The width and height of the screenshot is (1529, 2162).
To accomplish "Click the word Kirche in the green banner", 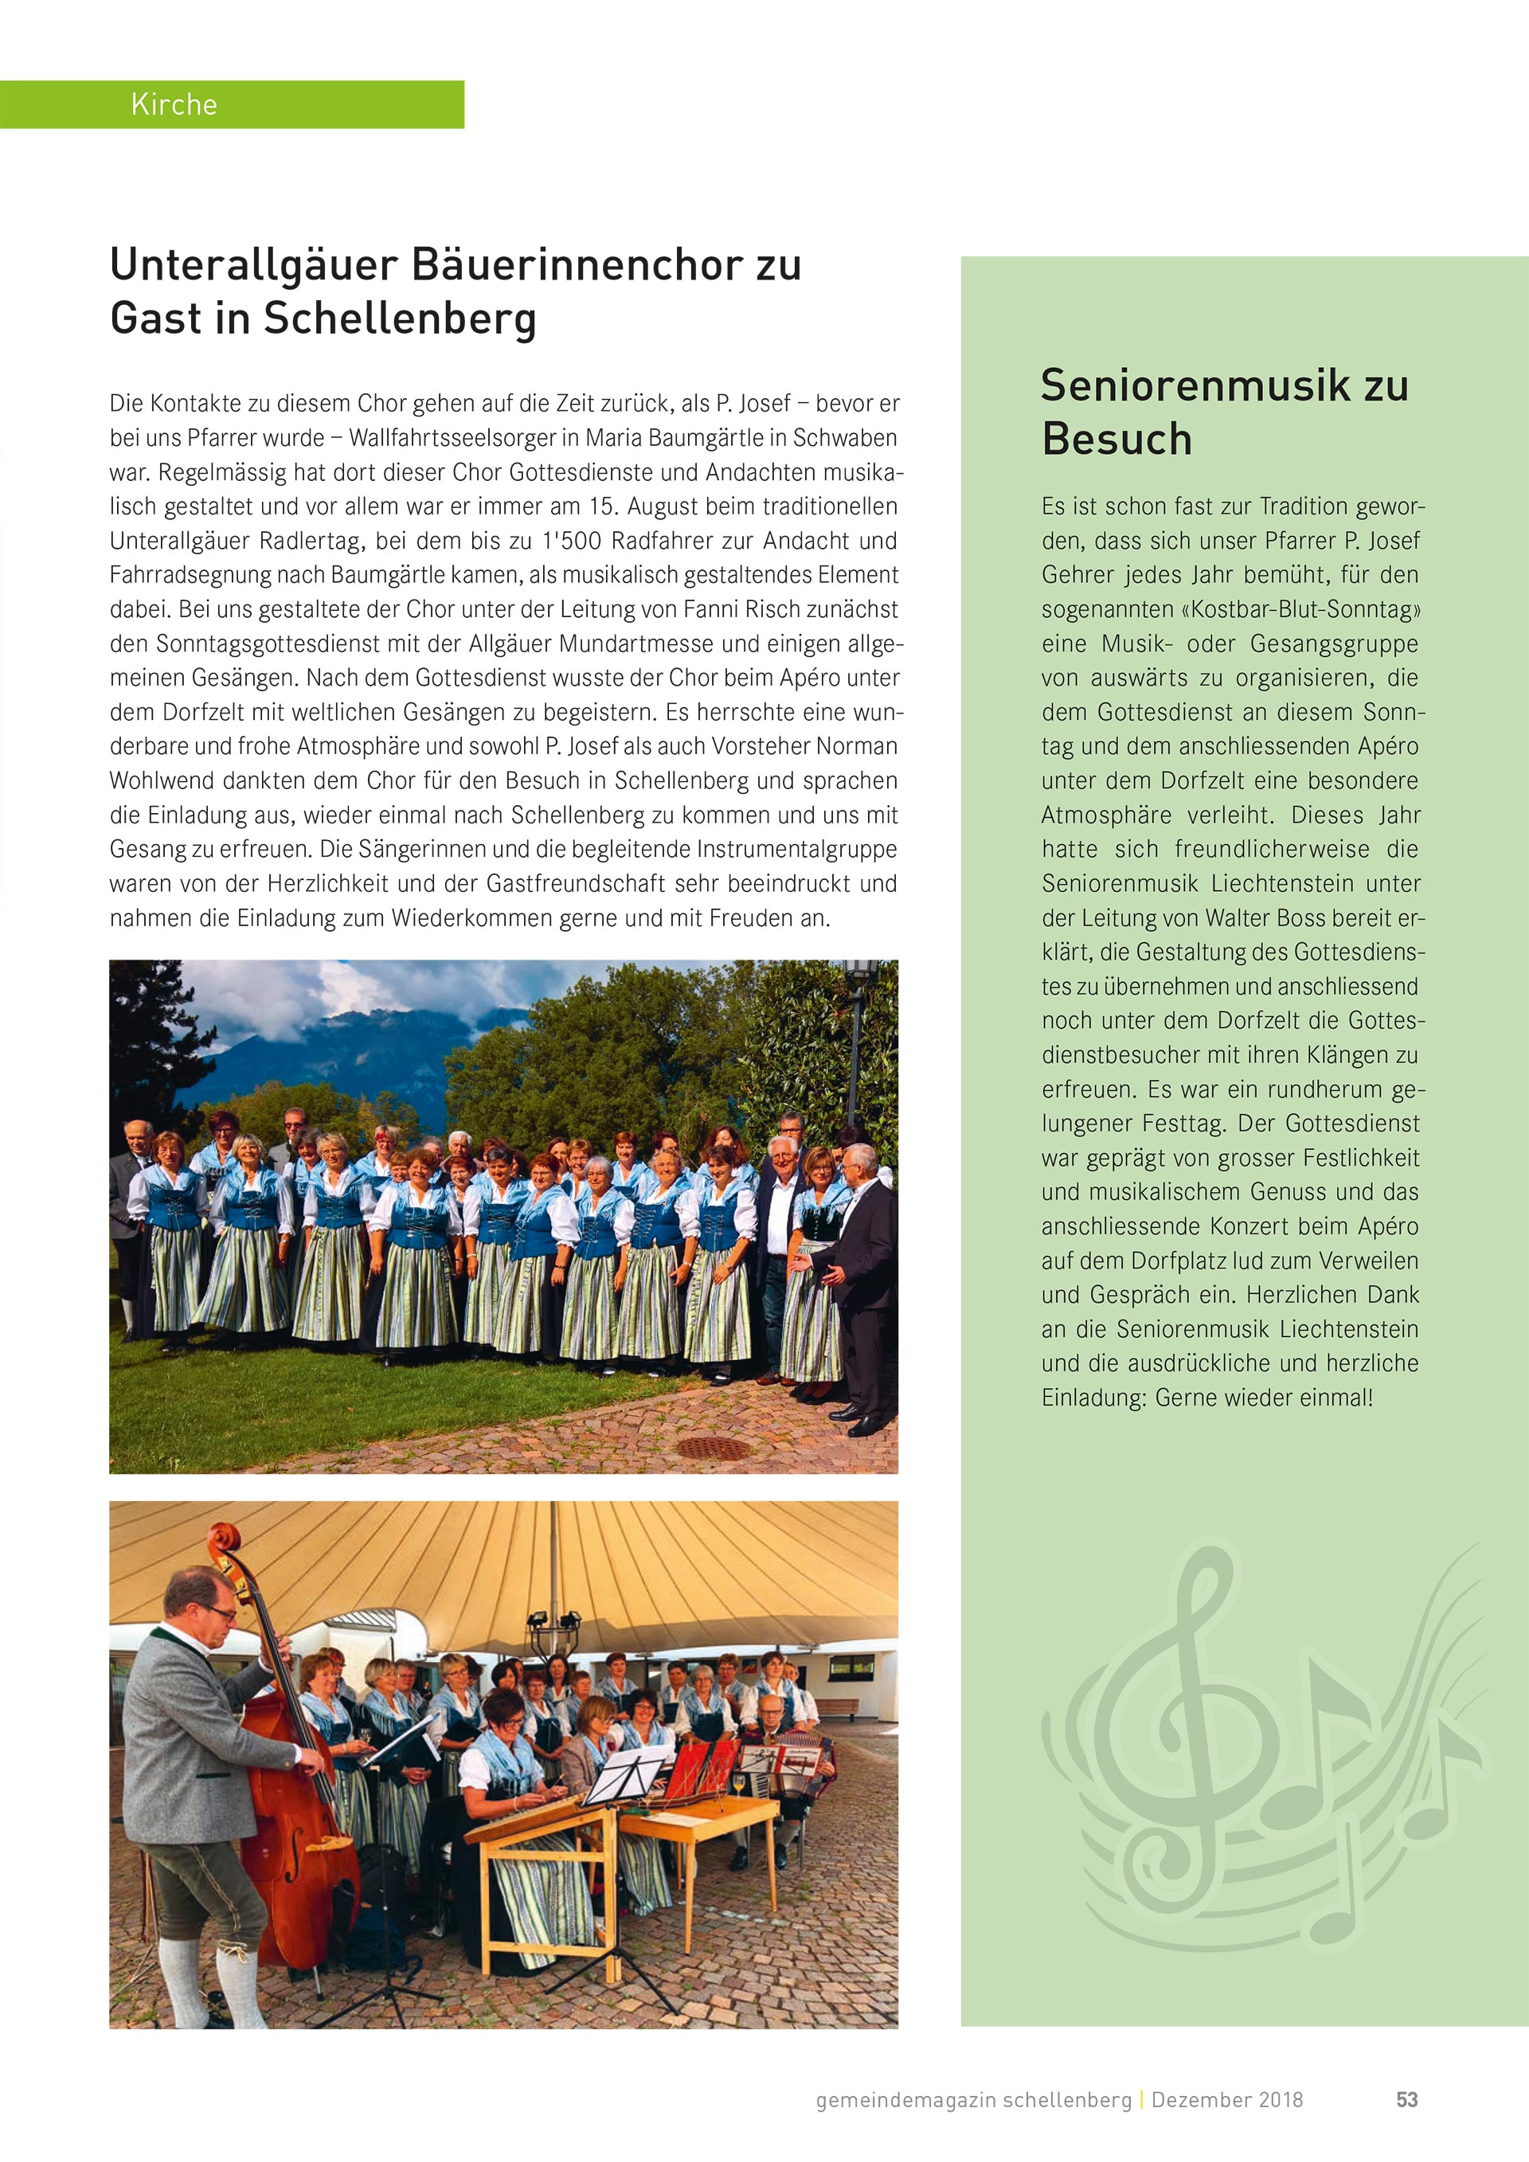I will [x=174, y=104].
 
